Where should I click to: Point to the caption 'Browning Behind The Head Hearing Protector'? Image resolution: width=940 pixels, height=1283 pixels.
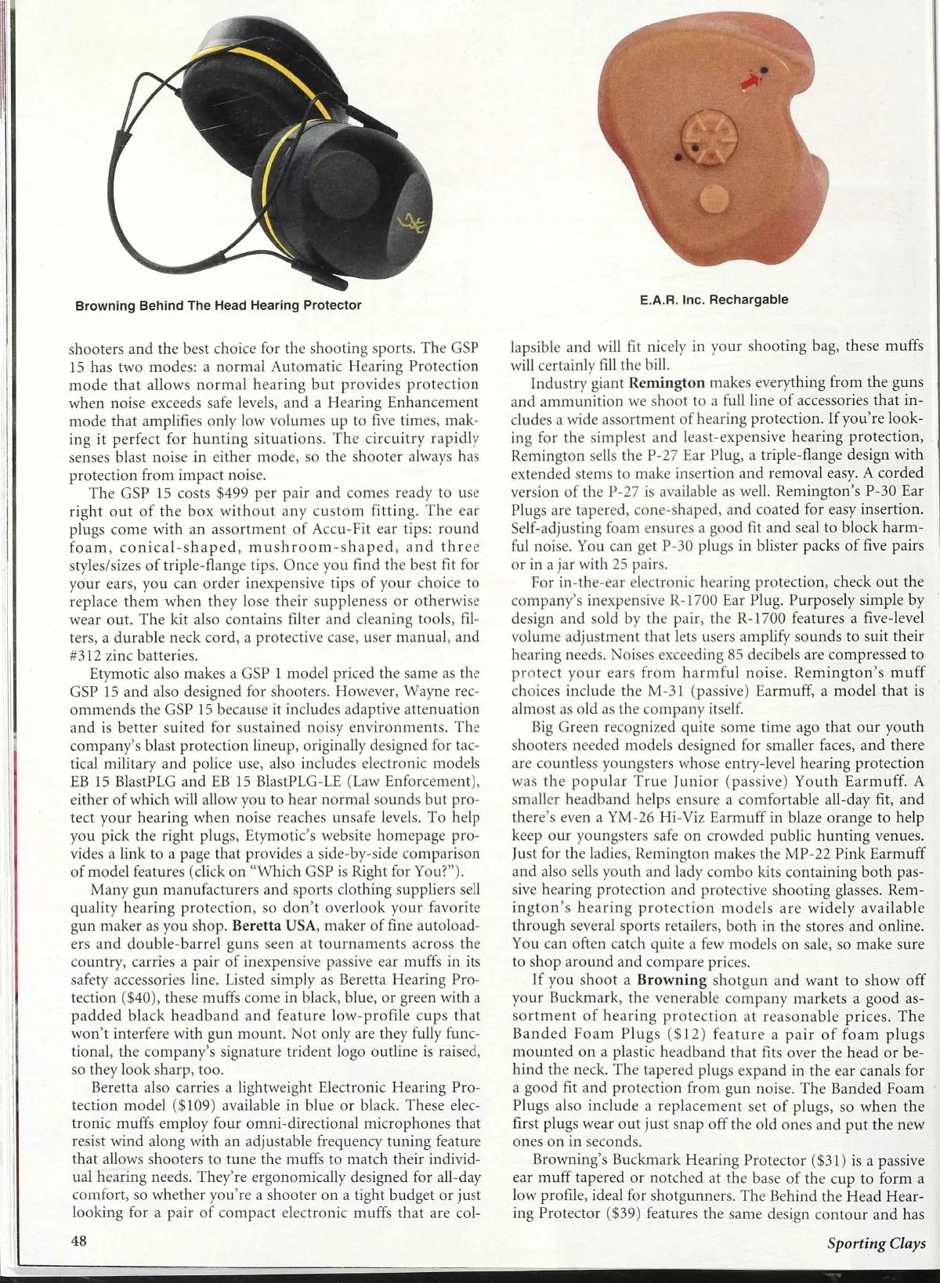[218, 305]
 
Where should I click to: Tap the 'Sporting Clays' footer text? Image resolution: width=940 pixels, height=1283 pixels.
[875, 1243]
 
